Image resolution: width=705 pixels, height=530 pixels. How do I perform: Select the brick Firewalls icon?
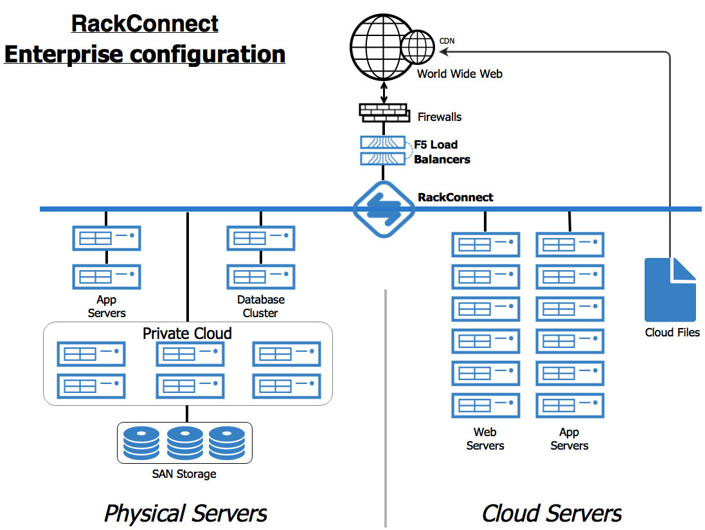(384, 113)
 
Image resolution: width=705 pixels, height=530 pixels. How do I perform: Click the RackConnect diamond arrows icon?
(384, 209)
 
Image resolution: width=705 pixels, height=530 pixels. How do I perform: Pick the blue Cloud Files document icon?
(670, 289)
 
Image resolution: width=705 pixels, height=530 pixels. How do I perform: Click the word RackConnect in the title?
(145, 24)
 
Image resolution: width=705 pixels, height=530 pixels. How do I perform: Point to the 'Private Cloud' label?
(187, 333)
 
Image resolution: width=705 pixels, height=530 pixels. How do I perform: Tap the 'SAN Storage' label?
(184, 474)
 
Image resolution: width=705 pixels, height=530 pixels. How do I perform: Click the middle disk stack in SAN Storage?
(184, 442)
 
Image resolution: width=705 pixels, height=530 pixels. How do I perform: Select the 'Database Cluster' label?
(260, 306)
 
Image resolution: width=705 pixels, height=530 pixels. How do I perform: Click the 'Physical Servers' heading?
(185, 513)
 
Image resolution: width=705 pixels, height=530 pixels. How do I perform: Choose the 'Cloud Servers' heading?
(551, 513)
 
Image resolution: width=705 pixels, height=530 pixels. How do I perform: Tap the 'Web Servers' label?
(485, 439)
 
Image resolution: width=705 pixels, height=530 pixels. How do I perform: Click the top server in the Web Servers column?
(485, 244)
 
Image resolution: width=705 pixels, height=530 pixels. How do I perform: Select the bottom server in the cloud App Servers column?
(569, 405)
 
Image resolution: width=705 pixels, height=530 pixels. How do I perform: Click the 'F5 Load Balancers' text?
(441, 152)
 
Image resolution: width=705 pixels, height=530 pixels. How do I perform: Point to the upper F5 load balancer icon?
(382, 143)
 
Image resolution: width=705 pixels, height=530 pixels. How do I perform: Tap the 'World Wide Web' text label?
(460, 74)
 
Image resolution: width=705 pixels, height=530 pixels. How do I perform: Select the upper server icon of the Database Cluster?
(260, 238)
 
